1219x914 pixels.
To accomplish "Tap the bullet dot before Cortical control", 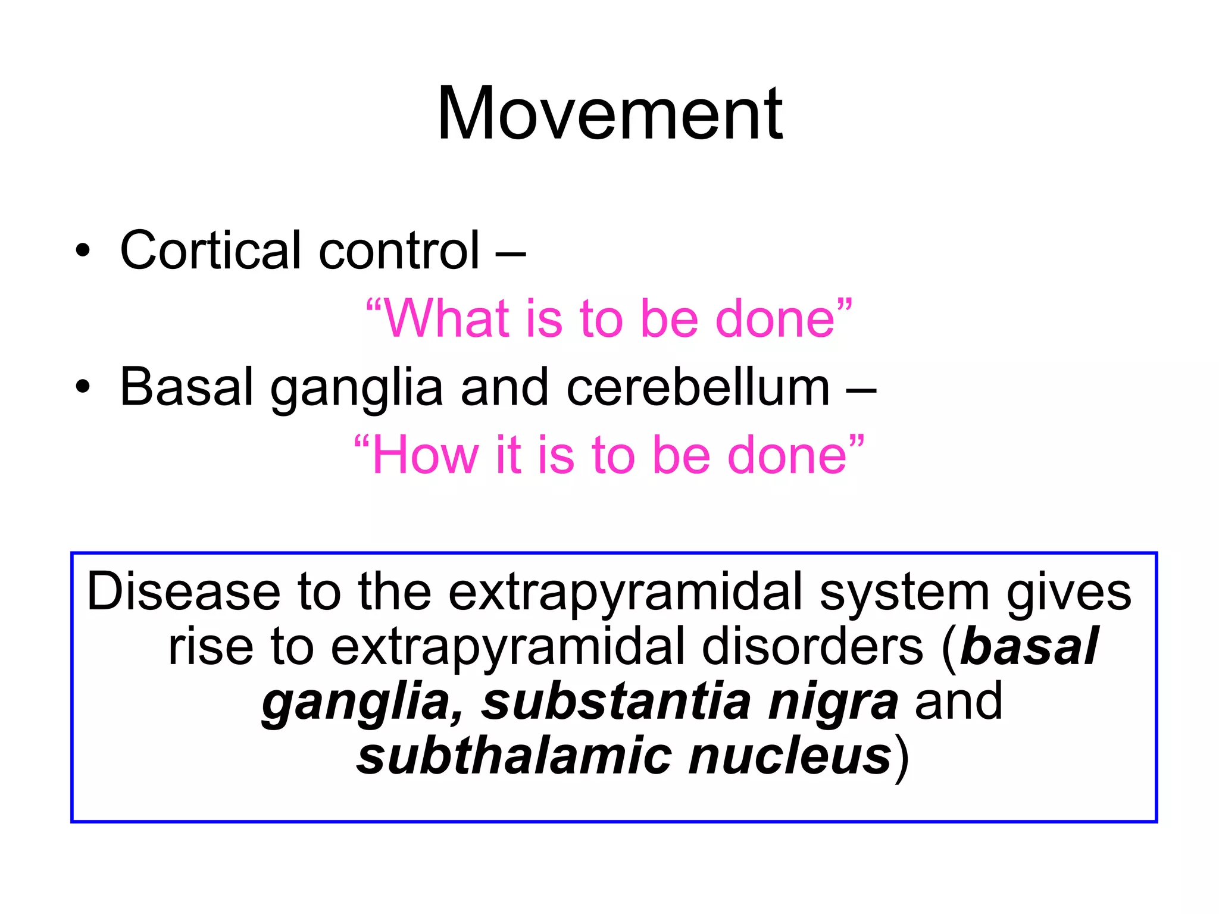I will (83, 251).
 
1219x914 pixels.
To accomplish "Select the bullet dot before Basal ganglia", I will (83, 387).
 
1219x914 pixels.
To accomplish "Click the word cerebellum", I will (698, 387).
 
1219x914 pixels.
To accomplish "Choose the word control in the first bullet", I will (399, 250).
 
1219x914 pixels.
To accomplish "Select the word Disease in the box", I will (183, 592).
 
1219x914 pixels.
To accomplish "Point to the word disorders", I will (812, 647).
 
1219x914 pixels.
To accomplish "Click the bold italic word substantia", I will (616, 702).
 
